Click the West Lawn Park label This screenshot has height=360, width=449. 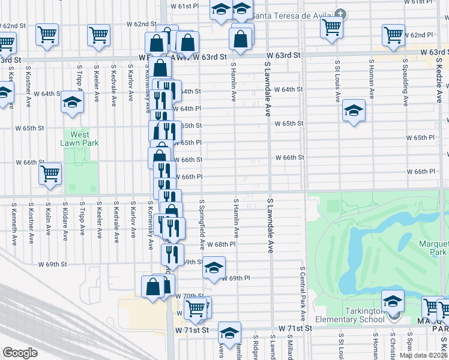79,139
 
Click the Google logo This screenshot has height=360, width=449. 20,353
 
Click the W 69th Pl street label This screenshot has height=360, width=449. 235,278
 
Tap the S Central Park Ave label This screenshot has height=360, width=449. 303,294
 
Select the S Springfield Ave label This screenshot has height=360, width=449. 202,225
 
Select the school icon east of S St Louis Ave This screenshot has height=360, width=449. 354,110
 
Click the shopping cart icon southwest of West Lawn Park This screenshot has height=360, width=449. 50,173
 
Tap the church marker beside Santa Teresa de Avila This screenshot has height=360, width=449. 341,13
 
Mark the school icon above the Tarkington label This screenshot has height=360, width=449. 393,300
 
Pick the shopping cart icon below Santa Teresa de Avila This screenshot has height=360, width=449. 331,27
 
